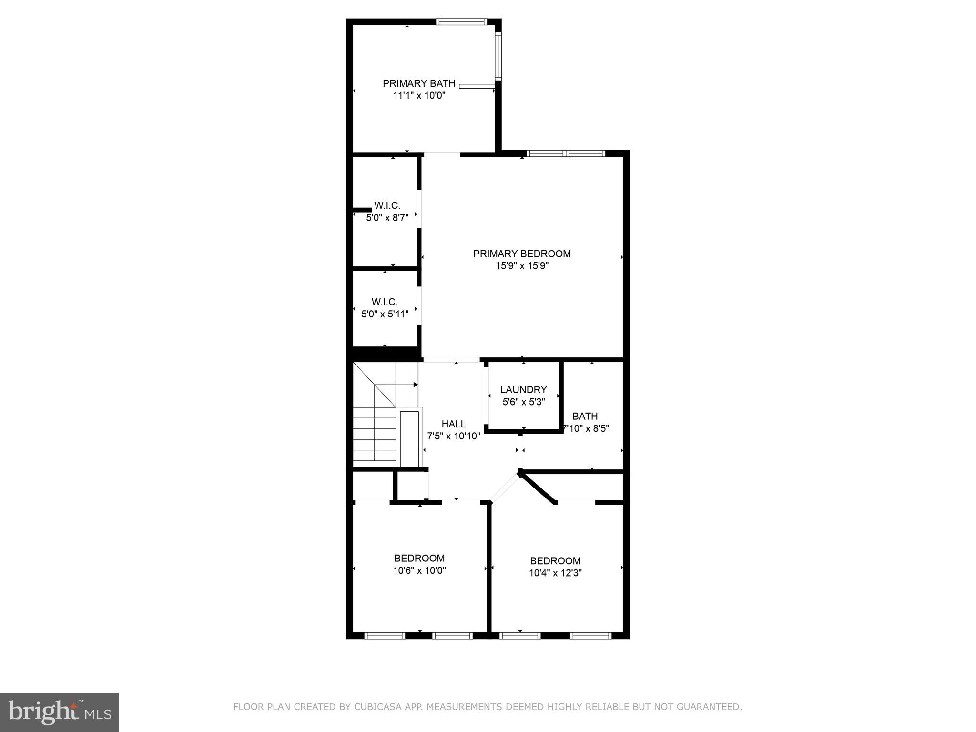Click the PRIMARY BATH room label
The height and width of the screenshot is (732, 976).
[x=419, y=83]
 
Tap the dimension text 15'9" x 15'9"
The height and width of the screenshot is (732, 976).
[x=522, y=266]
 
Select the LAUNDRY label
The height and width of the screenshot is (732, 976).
[x=523, y=390]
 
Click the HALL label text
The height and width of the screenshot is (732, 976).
[x=453, y=424]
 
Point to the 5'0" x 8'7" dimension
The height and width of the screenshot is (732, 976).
[x=387, y=218]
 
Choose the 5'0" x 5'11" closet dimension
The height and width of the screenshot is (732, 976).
[x=385, y=314]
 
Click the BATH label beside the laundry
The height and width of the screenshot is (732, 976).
[x=585, y=416]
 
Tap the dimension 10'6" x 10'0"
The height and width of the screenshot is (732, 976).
[x=419, y=570]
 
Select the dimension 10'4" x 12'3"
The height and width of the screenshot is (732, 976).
[x=555, y=573]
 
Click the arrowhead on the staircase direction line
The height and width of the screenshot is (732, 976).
[x=416, y=385]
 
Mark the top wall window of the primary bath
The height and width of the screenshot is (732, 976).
[x=461, y=21]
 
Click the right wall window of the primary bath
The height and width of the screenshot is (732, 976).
[x=498, y=56]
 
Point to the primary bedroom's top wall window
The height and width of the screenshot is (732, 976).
[x=566, y=153]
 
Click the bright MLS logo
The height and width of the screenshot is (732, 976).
[x=60, y=712]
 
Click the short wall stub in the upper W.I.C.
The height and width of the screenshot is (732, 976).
[x=362, y=210]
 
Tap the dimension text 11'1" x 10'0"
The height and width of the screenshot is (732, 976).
[x=419, y=95]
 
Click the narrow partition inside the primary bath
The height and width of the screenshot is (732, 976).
[x=477, y=86]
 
